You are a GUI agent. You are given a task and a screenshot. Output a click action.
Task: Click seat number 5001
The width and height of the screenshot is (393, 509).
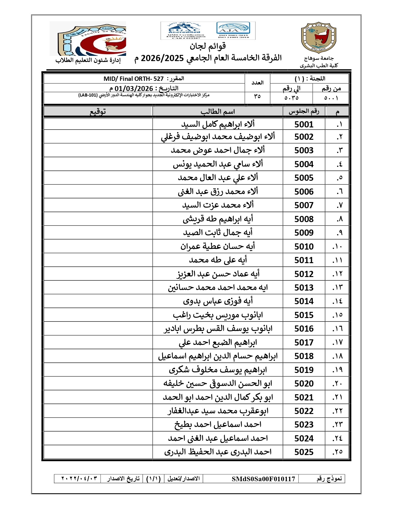304,124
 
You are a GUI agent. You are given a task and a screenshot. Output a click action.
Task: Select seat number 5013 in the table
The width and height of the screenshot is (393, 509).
304,288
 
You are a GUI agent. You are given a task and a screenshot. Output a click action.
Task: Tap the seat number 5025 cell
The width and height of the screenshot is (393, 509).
304,452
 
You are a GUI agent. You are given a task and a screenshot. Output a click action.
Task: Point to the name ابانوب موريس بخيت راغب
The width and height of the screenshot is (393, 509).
218,315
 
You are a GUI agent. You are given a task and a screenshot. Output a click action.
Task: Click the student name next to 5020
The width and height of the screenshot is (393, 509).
218,383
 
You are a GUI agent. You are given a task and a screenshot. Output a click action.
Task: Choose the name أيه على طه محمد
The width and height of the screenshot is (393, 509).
218,260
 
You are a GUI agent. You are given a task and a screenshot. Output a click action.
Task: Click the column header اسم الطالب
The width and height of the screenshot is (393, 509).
218,111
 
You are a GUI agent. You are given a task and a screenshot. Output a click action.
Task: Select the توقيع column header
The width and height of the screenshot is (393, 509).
98,111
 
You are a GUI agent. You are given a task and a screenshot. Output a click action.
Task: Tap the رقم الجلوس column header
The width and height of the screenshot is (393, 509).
304,111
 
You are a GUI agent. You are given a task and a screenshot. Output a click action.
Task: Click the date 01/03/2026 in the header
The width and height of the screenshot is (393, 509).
134,89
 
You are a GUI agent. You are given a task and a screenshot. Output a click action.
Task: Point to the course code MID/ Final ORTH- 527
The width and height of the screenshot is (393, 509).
133,79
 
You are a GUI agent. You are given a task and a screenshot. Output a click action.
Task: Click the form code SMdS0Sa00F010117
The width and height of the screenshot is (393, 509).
263,479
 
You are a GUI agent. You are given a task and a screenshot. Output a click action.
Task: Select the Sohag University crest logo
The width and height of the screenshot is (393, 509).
318,38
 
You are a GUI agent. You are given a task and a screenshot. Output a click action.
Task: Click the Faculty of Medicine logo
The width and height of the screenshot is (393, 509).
88,39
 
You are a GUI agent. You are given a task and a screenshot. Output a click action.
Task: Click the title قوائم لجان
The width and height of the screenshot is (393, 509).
208,47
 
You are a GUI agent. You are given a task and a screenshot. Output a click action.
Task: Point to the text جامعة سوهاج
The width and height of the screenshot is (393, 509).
319,58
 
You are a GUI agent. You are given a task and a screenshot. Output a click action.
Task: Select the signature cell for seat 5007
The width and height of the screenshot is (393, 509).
98,205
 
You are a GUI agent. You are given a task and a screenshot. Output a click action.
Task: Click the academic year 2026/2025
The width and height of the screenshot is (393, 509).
162,58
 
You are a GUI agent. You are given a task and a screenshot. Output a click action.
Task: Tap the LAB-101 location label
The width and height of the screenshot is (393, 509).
88,95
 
